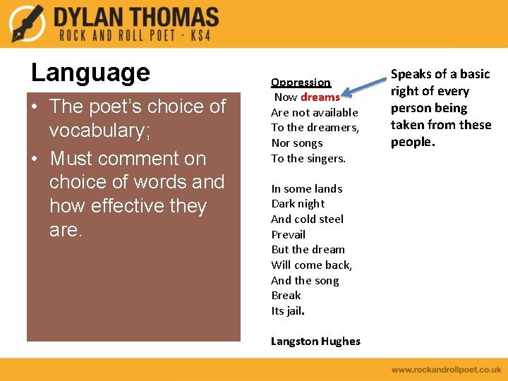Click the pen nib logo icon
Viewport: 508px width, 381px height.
click(x=27, y=23)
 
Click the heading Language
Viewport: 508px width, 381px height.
click(x=90, y=72)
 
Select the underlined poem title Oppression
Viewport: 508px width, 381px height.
click(x=301, y=82)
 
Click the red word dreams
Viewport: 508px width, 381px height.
click(x=320, y=97)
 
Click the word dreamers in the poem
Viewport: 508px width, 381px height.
click(x=334, y=128)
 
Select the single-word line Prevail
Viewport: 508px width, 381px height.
click(x=288, y=234)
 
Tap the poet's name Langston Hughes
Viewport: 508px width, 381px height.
click(x=315, y=341)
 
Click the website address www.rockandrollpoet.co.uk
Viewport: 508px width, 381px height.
click(x=446, y=369)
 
